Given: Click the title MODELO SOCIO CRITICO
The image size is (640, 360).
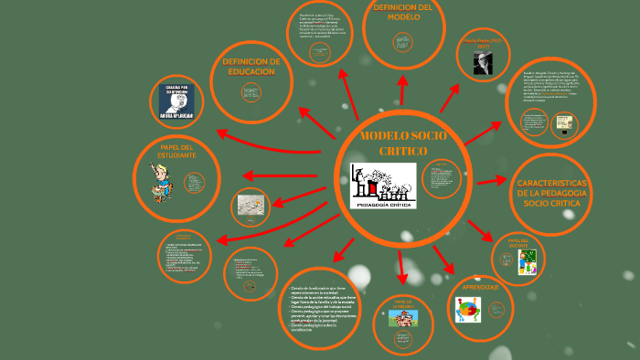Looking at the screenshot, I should point(398,143).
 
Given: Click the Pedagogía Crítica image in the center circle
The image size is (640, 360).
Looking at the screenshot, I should point(383,186).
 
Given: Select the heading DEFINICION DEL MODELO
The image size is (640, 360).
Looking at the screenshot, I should point(403,12).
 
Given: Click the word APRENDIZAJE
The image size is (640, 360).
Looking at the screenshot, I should point(481,287).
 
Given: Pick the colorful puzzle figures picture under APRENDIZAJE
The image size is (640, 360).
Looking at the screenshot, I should point(469,310).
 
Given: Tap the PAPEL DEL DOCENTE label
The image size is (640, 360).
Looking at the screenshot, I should point(519,242).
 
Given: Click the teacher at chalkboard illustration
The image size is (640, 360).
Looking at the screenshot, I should point(528,263).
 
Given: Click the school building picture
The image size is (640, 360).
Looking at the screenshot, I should point(402,319).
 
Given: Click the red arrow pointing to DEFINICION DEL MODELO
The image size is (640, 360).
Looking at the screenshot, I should point(401,90).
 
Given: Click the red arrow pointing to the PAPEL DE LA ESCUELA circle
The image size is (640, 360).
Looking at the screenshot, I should point(401,265).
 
